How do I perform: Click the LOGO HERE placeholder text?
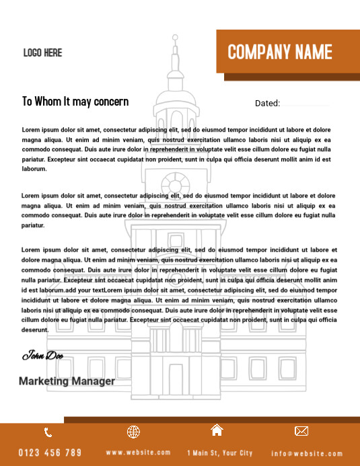[x=42, y=52]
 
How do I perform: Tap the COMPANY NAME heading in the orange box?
[x=280, y=52]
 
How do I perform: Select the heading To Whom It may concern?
[x=75, y=102]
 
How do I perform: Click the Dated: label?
[x=267, y=104]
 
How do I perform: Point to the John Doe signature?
[x=42, y=355]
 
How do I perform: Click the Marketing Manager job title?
[x=67, y=381]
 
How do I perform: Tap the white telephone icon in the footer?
[x=48, y=432]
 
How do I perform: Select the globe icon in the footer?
[x=133, y=432]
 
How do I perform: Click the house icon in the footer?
[x=217, y=430]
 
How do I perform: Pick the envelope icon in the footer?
[x=301, y=431]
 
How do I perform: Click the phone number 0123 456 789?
[x=50, y=453]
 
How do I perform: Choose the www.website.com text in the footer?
[x=138, y=453]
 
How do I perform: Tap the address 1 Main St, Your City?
[x=220, y=453]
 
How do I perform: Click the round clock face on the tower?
[x=176, y=183]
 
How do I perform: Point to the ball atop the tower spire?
[x=175, y=38]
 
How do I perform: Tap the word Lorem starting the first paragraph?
[x=31, y=129]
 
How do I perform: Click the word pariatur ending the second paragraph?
[x=34, y=226]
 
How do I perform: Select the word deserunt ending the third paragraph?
[x=35, y=330]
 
